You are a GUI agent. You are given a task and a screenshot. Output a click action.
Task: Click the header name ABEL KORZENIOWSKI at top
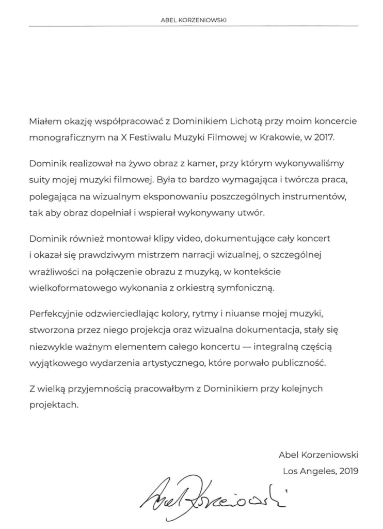coord(194,20)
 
